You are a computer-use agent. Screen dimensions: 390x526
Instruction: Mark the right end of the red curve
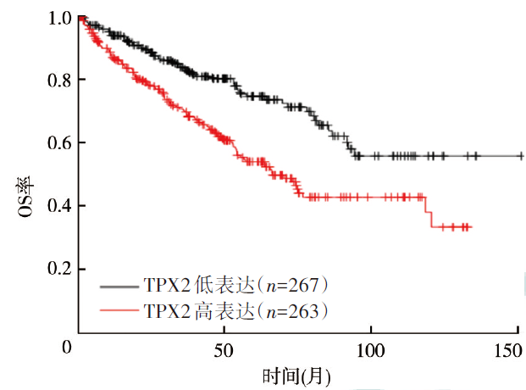[470, 227]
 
